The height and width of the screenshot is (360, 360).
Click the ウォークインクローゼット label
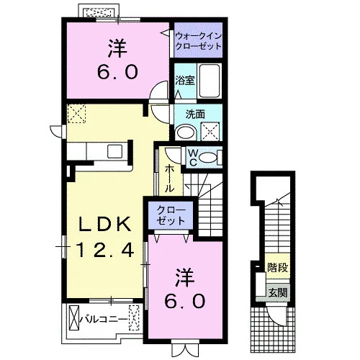click(198, 41)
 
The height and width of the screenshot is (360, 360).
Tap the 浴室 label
click(184, 81)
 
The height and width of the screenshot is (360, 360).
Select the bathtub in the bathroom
click(210, 81)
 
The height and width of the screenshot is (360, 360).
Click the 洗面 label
click(195, 114)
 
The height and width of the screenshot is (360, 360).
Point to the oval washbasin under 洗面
click(186, 132)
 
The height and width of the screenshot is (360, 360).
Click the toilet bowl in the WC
click(208, 158)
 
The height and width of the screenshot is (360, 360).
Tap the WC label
click(193, 158)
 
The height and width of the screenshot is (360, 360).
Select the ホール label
click(169, 178)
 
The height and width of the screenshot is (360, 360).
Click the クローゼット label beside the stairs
click(171, 215)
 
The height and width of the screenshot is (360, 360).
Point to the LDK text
click(105, 224)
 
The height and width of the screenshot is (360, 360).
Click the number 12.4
click(104, 250)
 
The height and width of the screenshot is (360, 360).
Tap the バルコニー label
click(104, 319)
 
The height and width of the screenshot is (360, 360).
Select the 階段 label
click(278, 267)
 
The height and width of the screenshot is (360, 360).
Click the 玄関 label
click(278, 292)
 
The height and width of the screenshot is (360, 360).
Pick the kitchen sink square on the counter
click(115, 151)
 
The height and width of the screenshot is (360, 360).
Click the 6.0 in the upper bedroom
click(117, 71)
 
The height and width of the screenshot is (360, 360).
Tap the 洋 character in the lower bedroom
click(184, 277)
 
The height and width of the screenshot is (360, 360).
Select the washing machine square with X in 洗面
click(210, 131)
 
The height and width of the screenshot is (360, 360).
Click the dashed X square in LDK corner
click(76, 114)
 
